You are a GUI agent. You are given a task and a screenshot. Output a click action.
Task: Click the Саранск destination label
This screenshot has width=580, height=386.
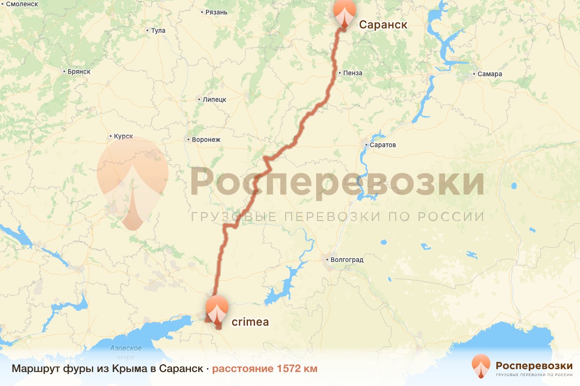(x=383, y=25)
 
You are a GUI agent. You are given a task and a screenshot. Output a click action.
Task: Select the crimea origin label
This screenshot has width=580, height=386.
(x=250, y=321)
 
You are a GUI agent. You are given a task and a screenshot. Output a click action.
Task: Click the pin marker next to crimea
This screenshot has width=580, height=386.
(x=217, y=310)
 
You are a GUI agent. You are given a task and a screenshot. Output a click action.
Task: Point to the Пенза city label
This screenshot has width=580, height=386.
(x=353, y=73)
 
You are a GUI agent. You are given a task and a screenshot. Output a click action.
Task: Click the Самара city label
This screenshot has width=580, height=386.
(x=490, y=74)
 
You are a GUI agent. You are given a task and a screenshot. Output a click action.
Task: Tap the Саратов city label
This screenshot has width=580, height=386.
(x=383, y=145)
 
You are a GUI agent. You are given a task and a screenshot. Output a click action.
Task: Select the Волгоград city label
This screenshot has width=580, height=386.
(x=347, y=260)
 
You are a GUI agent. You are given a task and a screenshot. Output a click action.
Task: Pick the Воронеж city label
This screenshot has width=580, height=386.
(x=206, y=140)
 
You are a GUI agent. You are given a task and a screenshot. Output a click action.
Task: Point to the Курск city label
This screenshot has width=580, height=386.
(x=123, y=137)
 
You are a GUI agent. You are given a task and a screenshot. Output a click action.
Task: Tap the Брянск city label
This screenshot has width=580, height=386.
(x=79, y=72)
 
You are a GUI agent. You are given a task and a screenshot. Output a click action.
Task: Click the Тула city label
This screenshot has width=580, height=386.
(x=158, y=31)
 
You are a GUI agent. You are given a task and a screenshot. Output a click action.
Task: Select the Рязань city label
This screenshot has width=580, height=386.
(x=216, y=12)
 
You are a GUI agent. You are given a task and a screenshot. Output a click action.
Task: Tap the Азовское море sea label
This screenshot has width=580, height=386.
(x=126, y=352)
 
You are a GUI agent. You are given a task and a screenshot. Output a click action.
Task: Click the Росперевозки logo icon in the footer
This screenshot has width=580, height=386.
(x=481, y=366)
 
